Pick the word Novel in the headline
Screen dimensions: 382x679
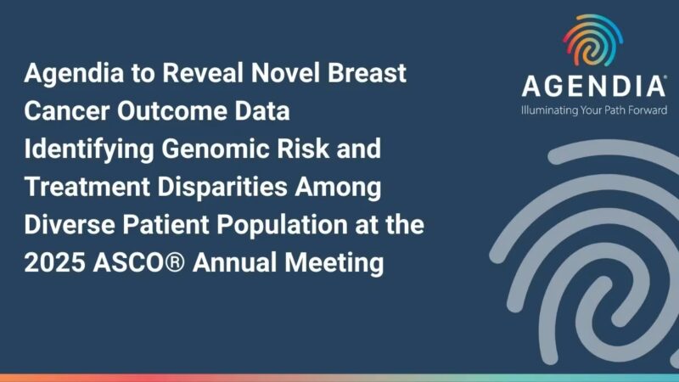click(285, 74)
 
